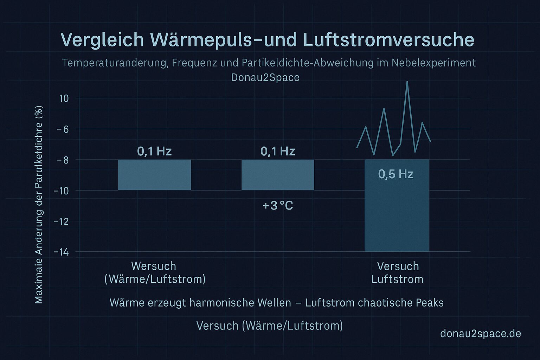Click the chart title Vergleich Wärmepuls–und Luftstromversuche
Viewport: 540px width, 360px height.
tap(267, 40)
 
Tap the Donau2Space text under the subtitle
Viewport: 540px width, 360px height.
tap(265, 77)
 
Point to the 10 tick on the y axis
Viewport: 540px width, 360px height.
tap(64, 98)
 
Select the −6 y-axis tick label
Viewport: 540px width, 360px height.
tap(62, 129)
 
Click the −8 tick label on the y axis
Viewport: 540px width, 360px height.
tap(62, 160)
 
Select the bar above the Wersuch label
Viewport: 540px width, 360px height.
tap(154, 175)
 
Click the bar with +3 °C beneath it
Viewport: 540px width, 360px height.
tap(278, 175)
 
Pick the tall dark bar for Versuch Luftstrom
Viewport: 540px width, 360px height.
tap(397, 214)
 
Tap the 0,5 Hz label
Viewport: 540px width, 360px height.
tap(396, 174)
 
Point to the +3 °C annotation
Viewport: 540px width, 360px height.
tap(278, 205)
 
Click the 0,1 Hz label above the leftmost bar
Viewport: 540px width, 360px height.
tap(154, 151)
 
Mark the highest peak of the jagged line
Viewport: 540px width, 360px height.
tap(407, 82)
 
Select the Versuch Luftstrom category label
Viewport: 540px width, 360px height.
tap(398, 272)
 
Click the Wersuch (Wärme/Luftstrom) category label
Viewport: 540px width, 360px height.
tap(155, 272)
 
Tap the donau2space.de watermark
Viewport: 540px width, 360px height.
tap(480, 333)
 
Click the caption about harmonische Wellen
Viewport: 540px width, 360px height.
tap(277, 303)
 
